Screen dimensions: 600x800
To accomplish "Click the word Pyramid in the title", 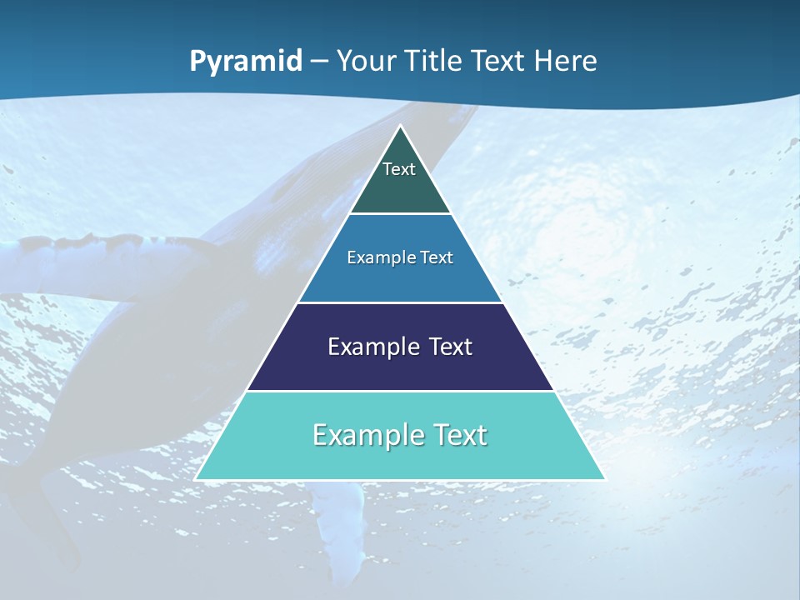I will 246,61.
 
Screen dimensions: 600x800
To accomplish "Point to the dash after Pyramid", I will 319,62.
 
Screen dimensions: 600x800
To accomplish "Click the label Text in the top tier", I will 399,169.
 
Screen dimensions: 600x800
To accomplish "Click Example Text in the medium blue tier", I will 400,257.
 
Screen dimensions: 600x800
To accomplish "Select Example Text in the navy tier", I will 400,347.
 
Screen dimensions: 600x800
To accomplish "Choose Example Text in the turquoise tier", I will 400,435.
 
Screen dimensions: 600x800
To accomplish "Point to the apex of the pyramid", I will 400,127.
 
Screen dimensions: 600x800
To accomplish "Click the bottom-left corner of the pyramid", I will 197,478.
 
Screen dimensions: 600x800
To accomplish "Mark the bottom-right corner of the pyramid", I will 603,478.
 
